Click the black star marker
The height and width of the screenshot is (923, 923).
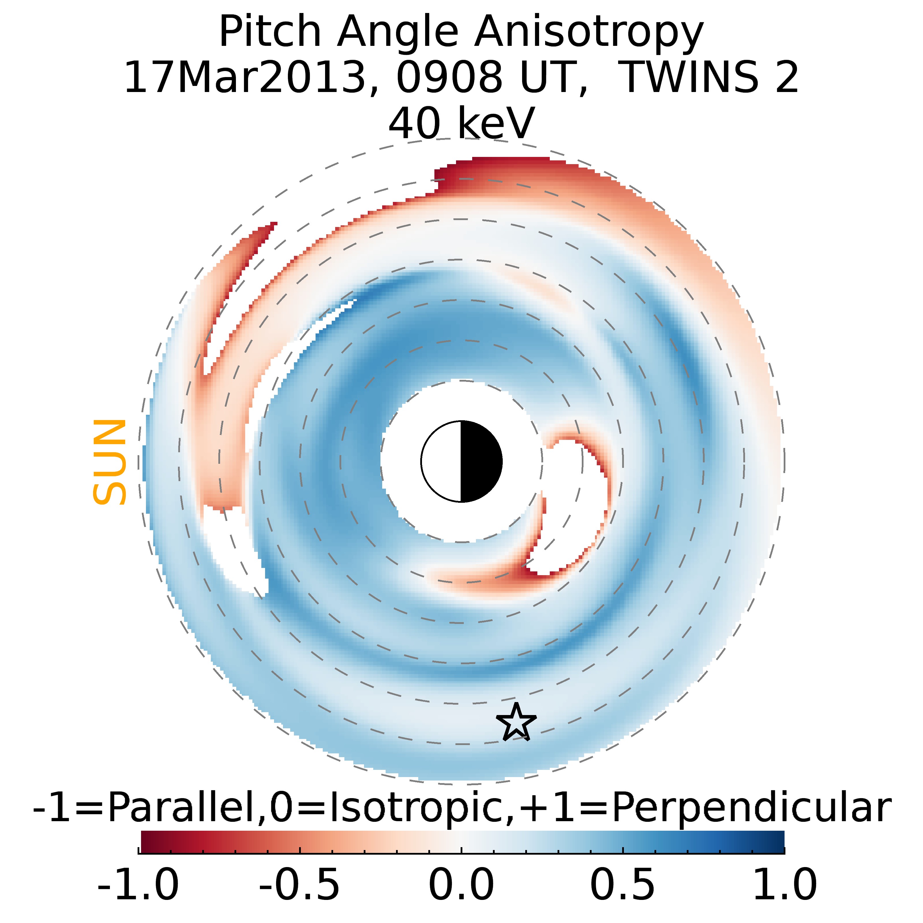[x=516, y=722]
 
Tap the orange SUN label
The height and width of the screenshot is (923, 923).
[x=109, y=462]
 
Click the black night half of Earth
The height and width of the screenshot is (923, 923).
[x=481, y=461]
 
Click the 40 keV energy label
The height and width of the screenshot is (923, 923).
[x=461, y=123]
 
